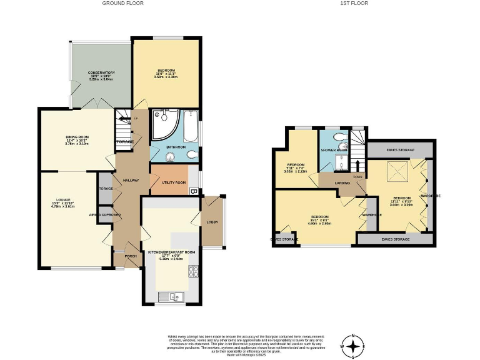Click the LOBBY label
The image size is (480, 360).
point(212,222)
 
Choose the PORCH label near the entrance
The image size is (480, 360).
point(131,256)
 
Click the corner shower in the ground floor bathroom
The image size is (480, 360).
point(165,122)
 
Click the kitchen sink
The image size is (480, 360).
point(169,296)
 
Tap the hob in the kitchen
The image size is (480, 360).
point(194,272)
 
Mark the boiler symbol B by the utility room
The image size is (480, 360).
point(194,191)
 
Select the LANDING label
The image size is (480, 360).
point(342,182)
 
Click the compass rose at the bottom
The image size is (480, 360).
point(354,345)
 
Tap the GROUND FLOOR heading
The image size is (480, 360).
point(122,3)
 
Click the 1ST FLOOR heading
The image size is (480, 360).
point(354,3)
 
